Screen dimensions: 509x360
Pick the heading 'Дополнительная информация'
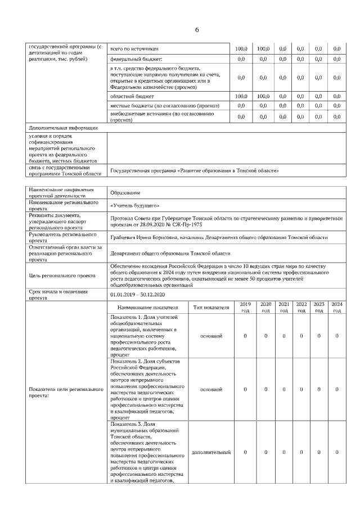click(62, 128)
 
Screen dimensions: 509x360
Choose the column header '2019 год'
click(245, 307)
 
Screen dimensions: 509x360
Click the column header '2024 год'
click(336, 307)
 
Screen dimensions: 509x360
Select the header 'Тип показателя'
click(211, 308)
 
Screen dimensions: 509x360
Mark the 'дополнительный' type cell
click(211, 452)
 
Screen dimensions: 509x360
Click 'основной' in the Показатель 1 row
click(211, 336)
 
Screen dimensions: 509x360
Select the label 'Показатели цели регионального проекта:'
click(66, 392)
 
